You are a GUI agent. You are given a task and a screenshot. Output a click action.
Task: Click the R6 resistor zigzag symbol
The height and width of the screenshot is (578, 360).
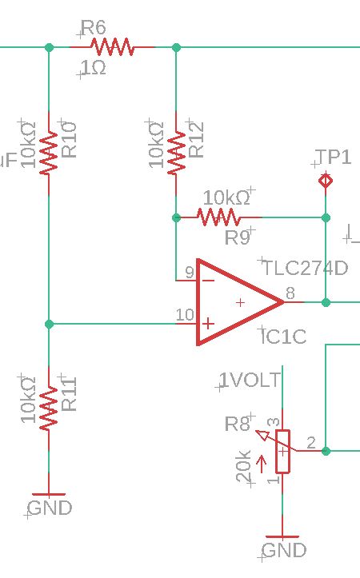[x=112, y=47]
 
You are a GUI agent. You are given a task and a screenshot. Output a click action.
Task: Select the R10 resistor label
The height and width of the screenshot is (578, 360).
[x=69, y=140]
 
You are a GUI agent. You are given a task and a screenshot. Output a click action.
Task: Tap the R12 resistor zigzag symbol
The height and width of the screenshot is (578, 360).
[x=176, y=152]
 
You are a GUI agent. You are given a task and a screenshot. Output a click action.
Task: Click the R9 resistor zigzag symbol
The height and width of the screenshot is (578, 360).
[x=218, y=217]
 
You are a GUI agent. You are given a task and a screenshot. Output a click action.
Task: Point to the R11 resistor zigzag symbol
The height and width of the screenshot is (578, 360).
[x=49, y=408]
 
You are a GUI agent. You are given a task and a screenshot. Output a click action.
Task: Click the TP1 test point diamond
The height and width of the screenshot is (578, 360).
[x=326, y=181]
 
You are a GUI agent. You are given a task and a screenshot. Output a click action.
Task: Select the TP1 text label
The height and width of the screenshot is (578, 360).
[x=333, y=157]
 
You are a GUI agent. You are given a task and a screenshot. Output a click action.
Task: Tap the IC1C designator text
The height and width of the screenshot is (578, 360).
[x=284, y=337]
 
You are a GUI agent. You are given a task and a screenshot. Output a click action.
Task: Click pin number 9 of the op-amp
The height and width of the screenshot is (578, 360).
[x=190, y=273]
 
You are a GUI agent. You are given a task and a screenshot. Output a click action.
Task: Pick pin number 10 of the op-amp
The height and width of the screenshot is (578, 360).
[x=185, y=315]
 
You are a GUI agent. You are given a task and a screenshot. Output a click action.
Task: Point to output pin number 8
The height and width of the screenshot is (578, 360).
[x=290, y=293]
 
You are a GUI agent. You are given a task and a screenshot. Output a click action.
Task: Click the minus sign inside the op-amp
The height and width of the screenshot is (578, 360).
[x=209, y=281]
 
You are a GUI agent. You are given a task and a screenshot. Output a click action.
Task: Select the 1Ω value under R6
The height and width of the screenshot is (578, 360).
[x=94, y=68]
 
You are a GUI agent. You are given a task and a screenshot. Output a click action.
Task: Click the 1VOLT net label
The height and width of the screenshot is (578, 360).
[x=250, y=380]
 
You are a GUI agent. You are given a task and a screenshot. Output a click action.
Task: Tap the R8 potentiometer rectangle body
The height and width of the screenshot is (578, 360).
[x=283, y=451]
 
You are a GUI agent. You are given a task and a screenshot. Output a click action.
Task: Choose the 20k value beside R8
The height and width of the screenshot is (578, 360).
[x=244, y=466]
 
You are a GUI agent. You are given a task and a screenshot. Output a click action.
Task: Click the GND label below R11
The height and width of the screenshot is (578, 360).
[x=50, y=508]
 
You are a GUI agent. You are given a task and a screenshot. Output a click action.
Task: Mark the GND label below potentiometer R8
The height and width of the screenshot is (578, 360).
[x=284, y=550]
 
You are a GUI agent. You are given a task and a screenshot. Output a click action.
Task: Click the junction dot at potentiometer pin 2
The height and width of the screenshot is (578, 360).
[x=326, y=451]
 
